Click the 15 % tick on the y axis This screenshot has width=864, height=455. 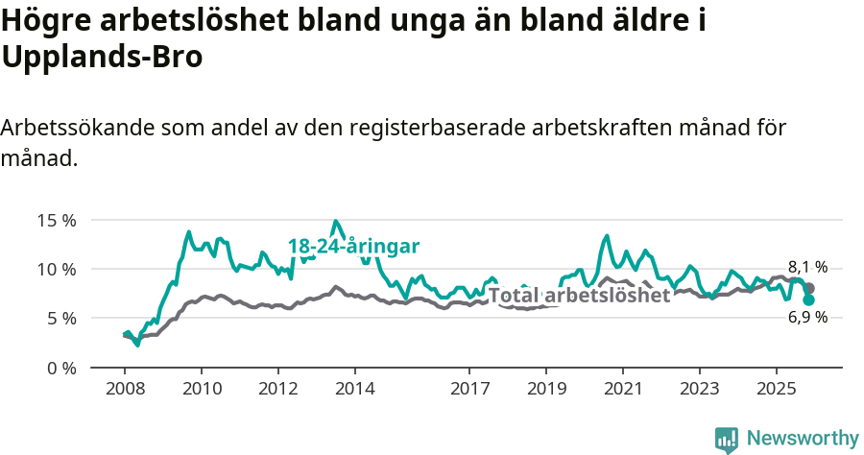click(56, 220)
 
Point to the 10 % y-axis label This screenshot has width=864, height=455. click(56, 269)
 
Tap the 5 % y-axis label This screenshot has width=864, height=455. click(60, 318)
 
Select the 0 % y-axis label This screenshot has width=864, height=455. click(60, 368)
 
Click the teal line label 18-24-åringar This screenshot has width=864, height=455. click(354, 247)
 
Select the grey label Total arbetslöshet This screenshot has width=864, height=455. click(579, 296)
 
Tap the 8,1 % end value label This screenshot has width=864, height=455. click(807, 268)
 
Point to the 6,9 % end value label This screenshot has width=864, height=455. click(807, 318)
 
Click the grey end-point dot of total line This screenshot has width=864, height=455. click(809, 288)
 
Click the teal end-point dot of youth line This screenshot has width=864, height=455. click(809, 299)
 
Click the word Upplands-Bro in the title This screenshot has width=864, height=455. click(103, 58)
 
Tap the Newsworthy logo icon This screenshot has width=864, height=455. click(727, 439)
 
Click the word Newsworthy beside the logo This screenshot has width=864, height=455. click(802, 439)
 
